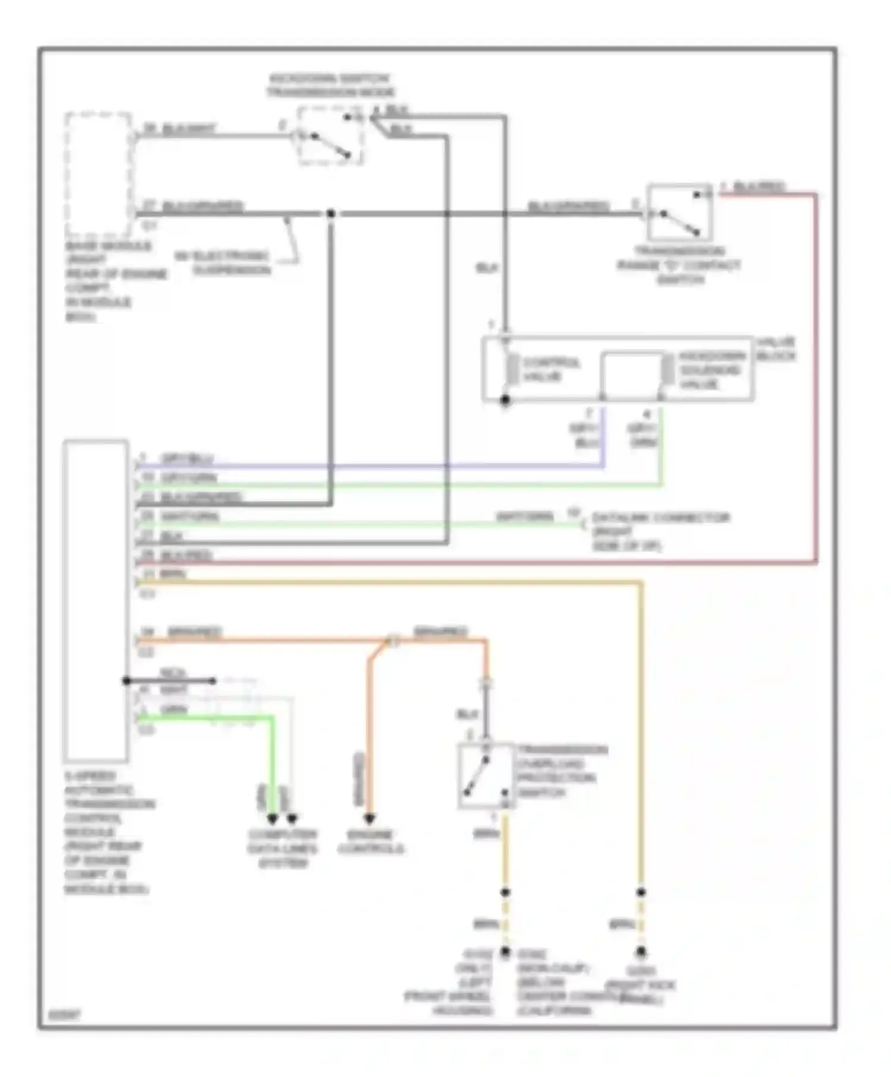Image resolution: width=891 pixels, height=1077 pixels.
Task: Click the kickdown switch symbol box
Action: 330,136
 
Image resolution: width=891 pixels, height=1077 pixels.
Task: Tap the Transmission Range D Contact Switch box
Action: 679,213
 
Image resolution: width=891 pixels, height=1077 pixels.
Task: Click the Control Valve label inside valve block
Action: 551,369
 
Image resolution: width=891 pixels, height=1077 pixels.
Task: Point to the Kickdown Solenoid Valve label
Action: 711,370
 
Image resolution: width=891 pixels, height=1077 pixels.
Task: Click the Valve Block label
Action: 775,349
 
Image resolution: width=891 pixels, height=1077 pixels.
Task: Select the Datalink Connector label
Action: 659,531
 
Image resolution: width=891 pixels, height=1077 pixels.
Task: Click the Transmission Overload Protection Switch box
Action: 485,775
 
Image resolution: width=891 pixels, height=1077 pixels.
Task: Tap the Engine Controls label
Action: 371,841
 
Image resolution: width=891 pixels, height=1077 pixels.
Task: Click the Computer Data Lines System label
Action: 283,848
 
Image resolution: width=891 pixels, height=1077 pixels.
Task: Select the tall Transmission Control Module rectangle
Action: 96,600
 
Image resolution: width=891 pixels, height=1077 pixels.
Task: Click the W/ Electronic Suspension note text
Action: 223,263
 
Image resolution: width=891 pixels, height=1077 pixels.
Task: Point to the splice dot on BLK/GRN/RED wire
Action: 330,213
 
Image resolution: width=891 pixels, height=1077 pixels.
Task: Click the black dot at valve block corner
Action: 505,400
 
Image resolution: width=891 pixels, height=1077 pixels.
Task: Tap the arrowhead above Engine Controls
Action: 369,819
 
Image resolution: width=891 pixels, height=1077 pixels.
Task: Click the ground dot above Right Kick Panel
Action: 641,952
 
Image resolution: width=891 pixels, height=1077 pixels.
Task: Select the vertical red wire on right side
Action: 816,380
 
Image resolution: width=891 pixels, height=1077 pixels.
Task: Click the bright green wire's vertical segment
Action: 272,766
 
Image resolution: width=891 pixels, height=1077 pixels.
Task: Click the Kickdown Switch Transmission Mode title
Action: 330,85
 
